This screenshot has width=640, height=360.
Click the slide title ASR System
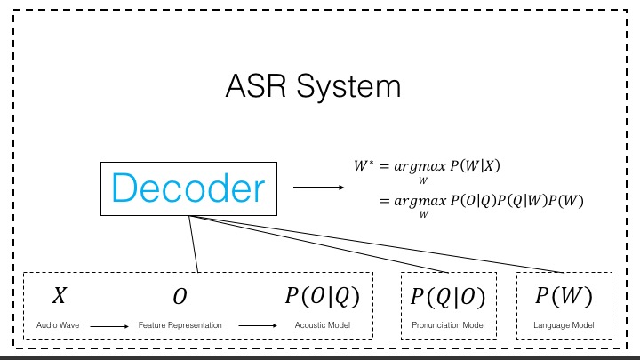pos(313,86)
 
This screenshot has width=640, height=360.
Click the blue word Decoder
pos(188,188)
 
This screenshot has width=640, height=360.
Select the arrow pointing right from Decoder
pos(318,188)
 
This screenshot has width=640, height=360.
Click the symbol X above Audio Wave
pos(59,296)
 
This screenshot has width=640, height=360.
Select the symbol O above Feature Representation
pos(180,297)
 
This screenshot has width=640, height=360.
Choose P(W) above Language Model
pos(563,296)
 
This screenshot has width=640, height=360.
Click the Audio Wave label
pos(58,325)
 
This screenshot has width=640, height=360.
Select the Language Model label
pos(564,325)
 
